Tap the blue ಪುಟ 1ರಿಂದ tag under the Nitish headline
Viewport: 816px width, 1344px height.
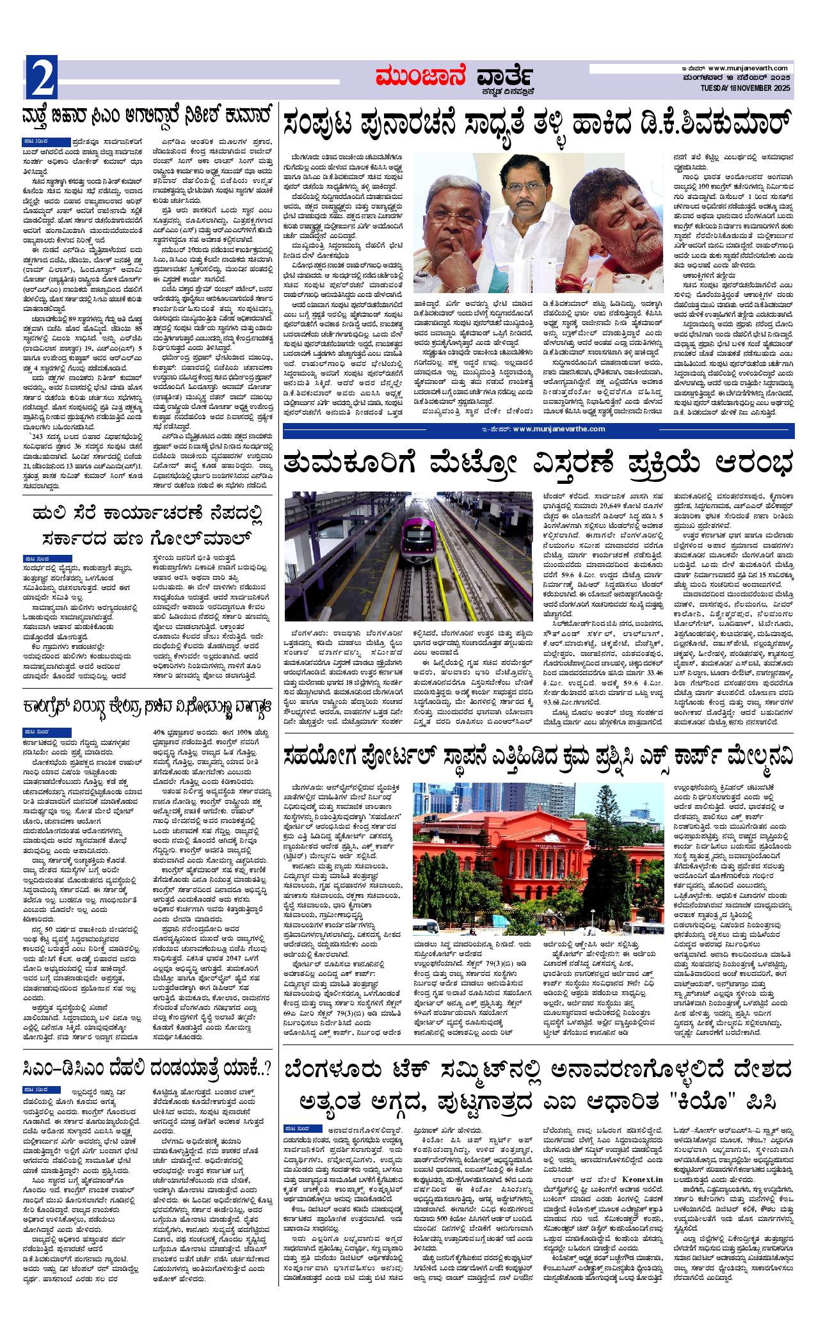click(46, 140)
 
